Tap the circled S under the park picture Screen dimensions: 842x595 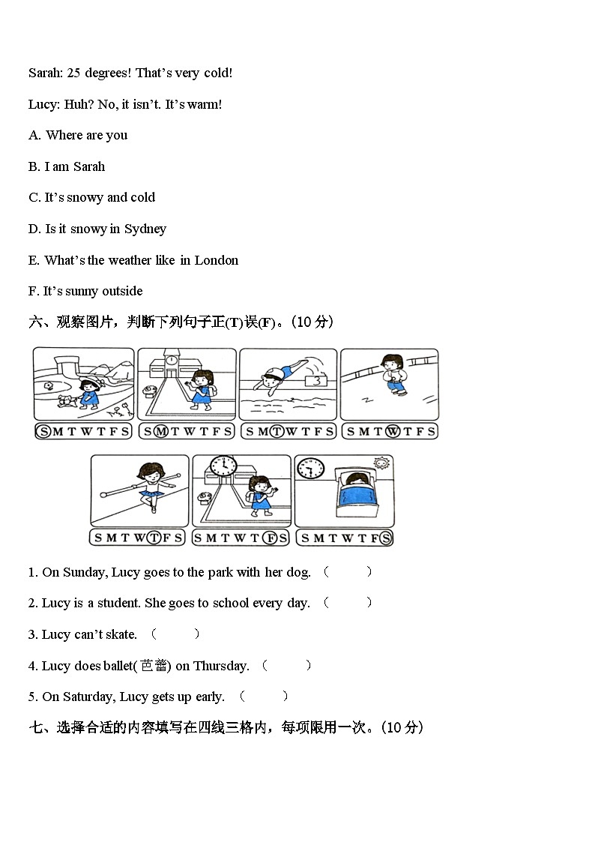coord(44,431)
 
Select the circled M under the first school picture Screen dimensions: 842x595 coord(161,431)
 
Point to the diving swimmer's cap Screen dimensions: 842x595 coord(277,373)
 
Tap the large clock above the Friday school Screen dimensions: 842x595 coord(223,466)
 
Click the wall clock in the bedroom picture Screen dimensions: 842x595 coord(310,469)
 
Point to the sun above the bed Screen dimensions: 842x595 coord(381,464)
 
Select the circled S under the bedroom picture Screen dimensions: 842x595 coord(385,538)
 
